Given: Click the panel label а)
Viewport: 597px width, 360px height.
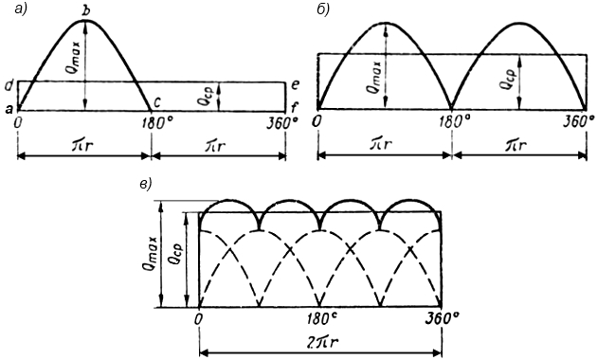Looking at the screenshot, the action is tap(22, 9).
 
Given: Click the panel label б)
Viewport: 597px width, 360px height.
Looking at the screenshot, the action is tap(323, 9).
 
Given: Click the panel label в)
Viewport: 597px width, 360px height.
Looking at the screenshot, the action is tap(146, 185).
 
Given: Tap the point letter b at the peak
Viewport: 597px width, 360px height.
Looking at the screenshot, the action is tap(87, 11).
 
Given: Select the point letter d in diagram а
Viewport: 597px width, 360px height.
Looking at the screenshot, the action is tap(9, 86).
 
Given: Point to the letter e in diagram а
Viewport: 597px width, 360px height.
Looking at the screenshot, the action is tap(295, 84).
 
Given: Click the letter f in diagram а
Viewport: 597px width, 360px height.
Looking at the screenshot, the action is tap(294, 108).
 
